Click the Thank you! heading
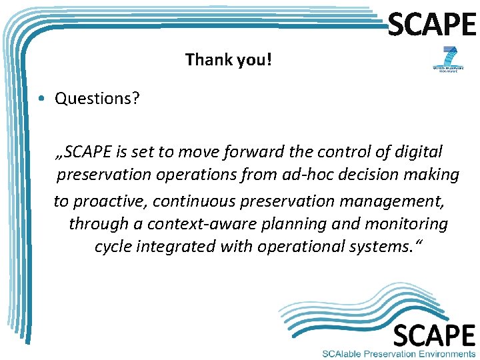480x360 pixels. click(229, 60)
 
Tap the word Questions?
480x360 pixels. click(97, 99)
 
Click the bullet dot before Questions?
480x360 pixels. click(41, 99)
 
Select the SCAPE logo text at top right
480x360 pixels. click(432, 25)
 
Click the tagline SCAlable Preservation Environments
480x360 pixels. click(398, 353)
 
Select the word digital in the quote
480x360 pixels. click(418, 152)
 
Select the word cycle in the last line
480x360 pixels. click(113, 247)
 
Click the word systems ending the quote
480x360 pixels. click(379, 247)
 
